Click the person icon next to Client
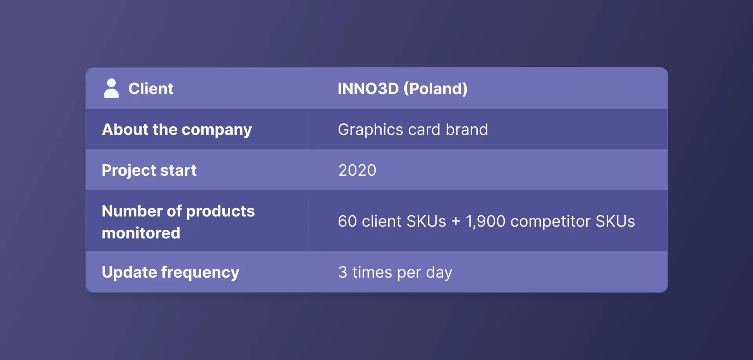[111, 88]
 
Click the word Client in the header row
[151, 89]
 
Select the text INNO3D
[368, 89]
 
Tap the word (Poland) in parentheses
[435, 89]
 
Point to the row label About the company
[177, 130]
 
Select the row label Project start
[149, 171]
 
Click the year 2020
[357, 170]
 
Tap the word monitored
[141, 233]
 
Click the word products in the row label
[220, 211]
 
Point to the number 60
[347, 221]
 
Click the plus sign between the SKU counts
[456, 221]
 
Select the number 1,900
[486, 222]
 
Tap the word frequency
[200, 273]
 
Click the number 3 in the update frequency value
[343, 272]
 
